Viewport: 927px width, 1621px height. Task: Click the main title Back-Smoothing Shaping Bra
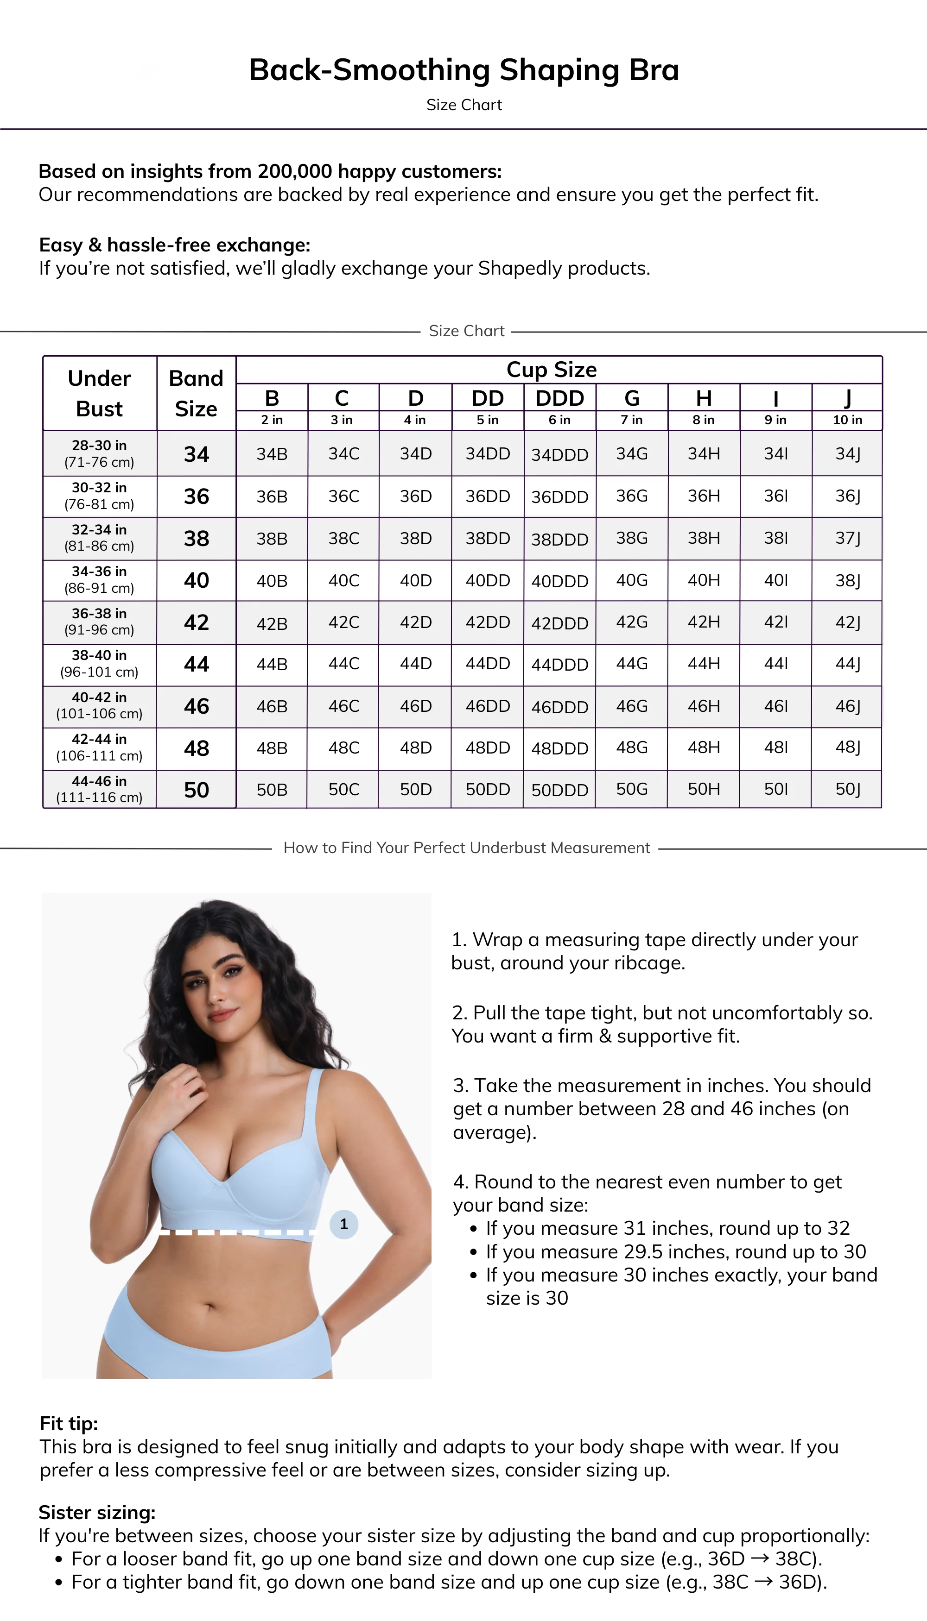click(x=463, y=70)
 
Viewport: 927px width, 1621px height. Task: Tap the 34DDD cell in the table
click(x=559, y=455)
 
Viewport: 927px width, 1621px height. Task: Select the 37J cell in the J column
click(x=847, y=538)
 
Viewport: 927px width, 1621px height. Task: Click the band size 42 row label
click(x=196, y=622)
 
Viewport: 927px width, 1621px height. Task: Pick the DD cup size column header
click(x=488, y=398)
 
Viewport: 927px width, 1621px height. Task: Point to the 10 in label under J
click(x=847, y=420)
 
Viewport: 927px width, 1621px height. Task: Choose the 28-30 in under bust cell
click(x=99, y=453)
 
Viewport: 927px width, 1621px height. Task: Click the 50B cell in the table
click(x=272, y=790)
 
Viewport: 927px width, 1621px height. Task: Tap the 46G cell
click(x=632, y=706)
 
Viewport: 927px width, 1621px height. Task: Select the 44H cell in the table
click(x=704, y=664)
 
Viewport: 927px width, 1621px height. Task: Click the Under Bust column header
click(x=99, y=393)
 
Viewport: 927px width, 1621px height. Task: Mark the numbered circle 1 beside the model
click(x=344, y=1224)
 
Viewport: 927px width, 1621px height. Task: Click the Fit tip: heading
click(x=69, y=1423)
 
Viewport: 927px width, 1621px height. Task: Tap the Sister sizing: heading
click(x=97, y=1512)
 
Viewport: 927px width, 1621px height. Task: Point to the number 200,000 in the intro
click(x=295, y=172)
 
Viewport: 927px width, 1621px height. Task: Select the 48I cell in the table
click(x=775, y=748)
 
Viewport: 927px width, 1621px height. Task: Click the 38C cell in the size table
click(x=344, y=538)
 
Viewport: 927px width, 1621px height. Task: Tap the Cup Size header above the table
click(x=552, y=370)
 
